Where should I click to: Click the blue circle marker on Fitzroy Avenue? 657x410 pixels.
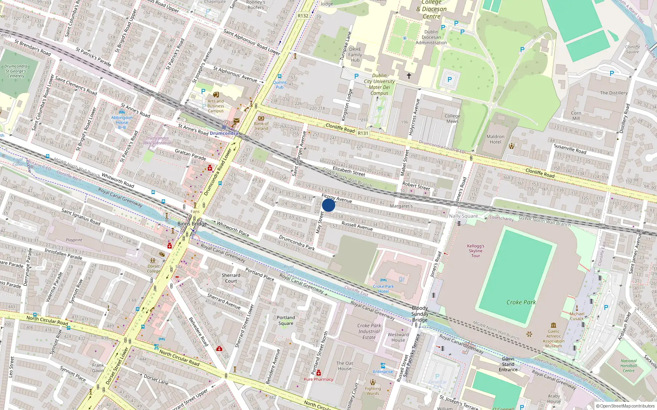click(x=328, y=205)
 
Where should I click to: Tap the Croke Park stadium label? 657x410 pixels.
click(x=521, y=302)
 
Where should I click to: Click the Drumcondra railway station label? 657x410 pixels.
click(x=224, y=133)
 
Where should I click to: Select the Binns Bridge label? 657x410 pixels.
click(x=192, y=223)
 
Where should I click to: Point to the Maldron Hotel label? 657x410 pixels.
click(x=496, y=139)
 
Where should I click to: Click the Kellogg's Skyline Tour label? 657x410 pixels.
click(x=476, y=251)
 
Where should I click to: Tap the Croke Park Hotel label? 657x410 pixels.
click(x=383, y=289)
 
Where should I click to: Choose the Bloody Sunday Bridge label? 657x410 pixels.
click(x=420, y=314)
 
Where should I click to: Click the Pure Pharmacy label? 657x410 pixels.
click(x=318, y=379)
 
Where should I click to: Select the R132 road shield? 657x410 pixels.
click(x=303, y=16)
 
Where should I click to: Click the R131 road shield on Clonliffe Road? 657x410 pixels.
click(x=363, y=133)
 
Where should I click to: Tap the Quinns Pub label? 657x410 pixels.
click(x=280, y=84)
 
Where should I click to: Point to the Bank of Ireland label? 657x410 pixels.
click(x=261, y=126)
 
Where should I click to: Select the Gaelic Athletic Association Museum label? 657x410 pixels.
click(x=554, y=338)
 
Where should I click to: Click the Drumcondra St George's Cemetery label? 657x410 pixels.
click(x=16, y=71)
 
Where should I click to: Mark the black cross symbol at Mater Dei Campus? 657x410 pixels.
click(x=409, y=76)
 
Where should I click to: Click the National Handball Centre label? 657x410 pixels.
click(x=629, y=366)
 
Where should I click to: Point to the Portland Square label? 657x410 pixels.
click(x=286, y=320)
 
